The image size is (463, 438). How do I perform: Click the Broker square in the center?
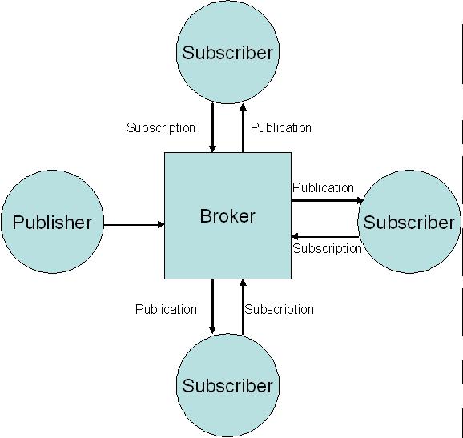click(227, 215)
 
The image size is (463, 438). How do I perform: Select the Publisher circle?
click(52, 222)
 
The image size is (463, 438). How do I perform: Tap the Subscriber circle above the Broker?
click(227, 53)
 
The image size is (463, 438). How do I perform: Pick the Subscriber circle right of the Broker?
click(409, 222)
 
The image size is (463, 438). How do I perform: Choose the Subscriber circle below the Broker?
click(227, 386)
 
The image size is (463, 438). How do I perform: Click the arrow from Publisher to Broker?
click(134, 225)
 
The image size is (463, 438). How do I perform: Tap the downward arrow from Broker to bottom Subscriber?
click(212, 306)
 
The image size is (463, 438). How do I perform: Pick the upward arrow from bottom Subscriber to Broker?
click(242, 306)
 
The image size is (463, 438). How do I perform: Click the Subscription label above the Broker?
click(161, 127)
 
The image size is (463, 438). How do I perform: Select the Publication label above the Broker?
click(281, 127)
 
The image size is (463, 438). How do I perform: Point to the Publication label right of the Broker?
click(323, 187)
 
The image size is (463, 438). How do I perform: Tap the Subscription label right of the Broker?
click(327, 248)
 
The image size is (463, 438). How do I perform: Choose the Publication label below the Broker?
click(166, 309)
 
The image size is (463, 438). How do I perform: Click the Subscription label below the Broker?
click(279, 309)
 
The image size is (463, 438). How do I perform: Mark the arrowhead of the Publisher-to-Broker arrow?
click(160, 225)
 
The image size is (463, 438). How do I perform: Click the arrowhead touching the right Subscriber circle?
click(361, 200)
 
